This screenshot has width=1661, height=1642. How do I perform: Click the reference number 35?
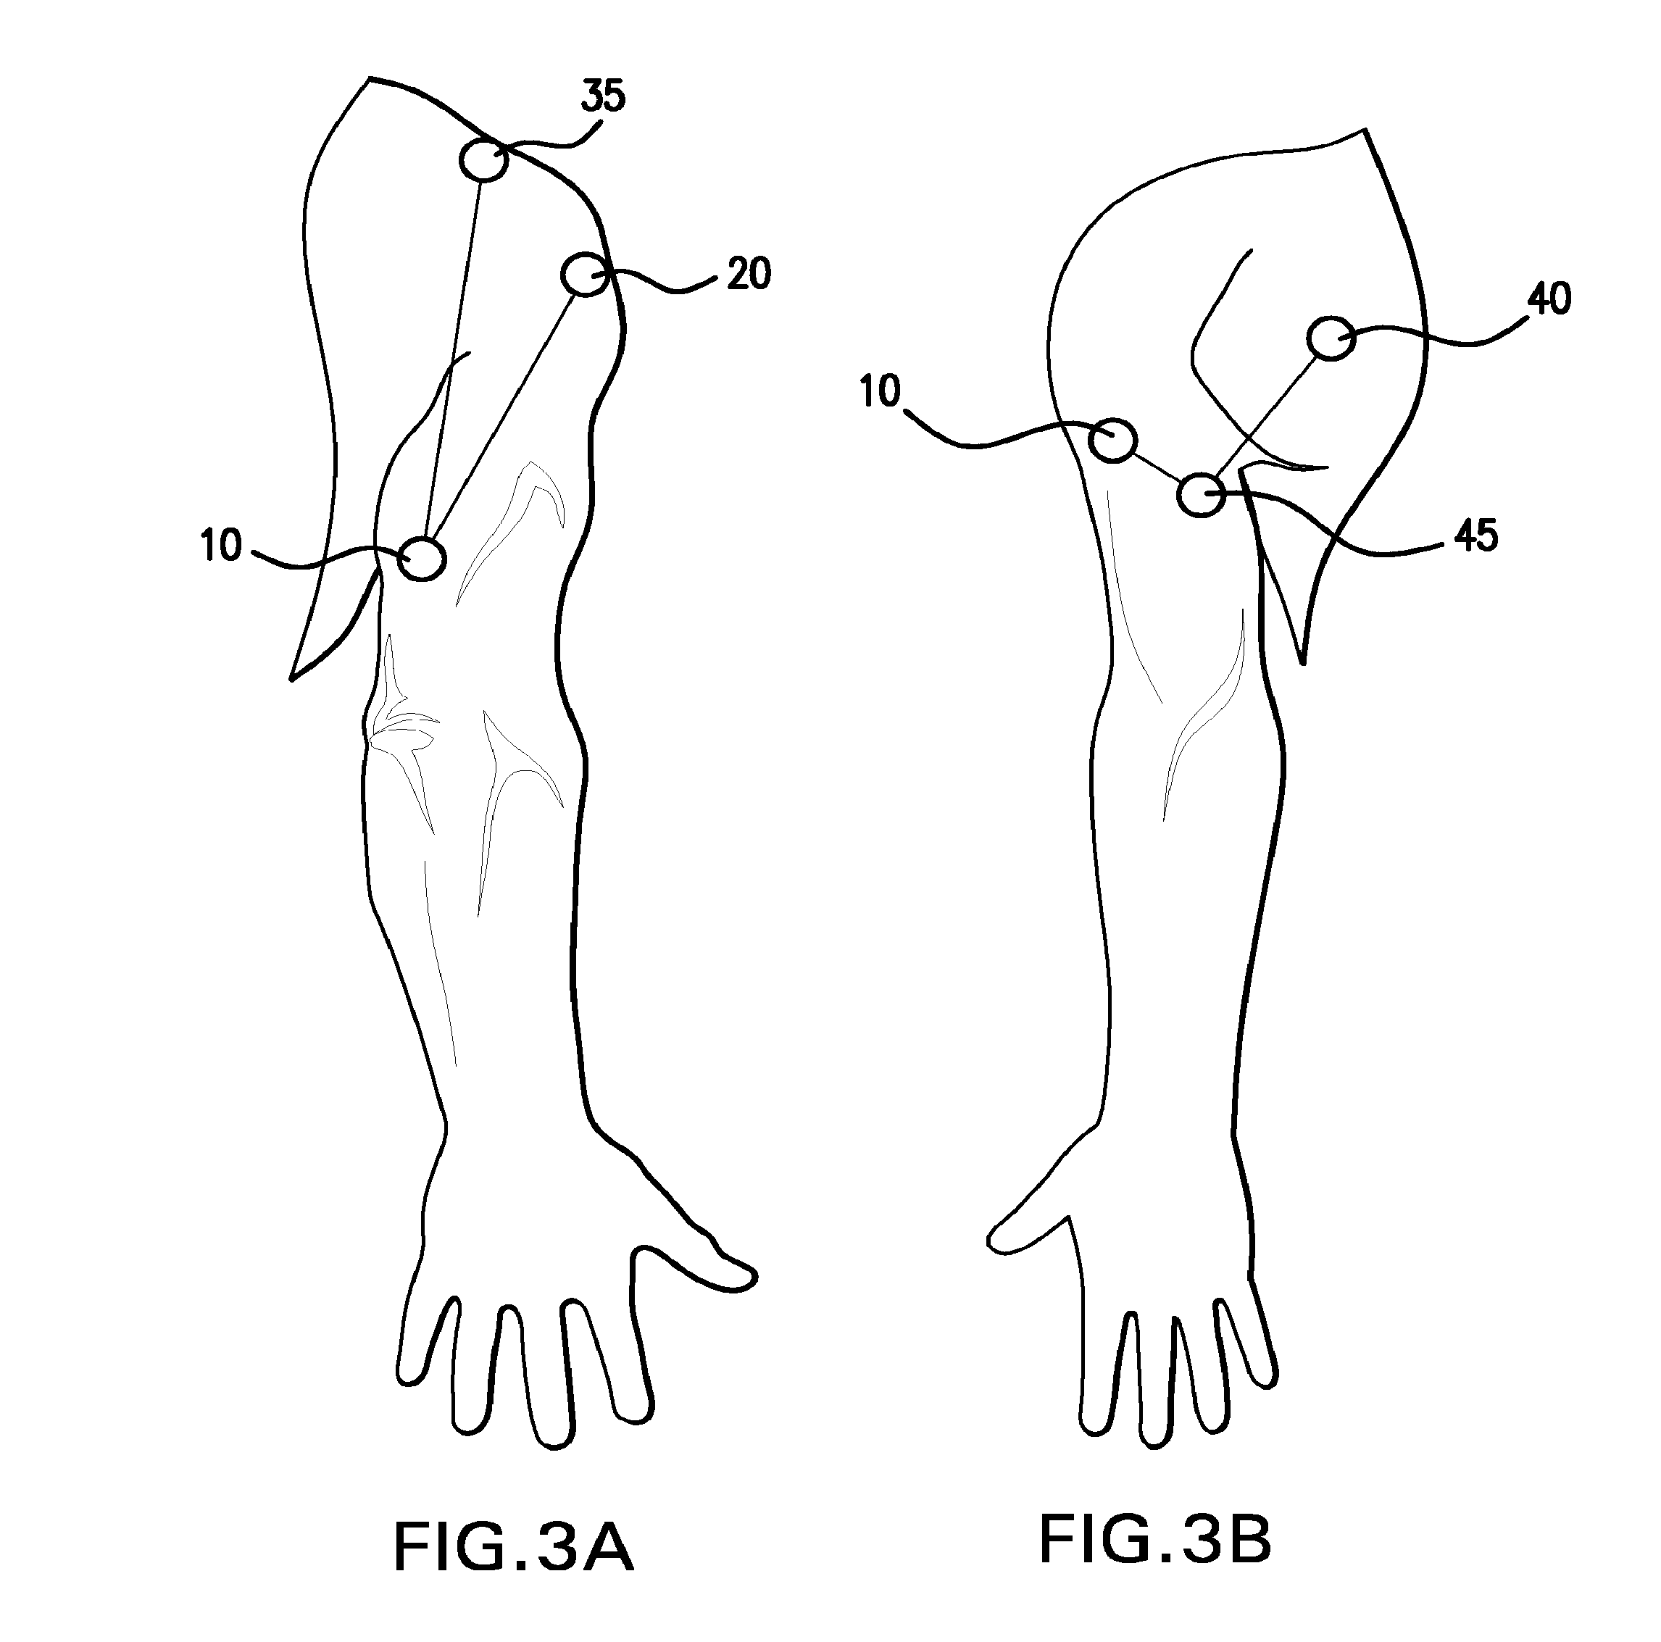[603, 97]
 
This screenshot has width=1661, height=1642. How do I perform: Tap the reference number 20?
[748, 274]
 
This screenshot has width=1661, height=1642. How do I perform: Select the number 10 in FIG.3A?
[222, 546]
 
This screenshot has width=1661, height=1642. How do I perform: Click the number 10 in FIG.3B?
[880, 392]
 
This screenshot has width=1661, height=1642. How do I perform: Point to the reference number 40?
[1549, 299]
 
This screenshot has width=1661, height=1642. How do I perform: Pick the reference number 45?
[1476, 535]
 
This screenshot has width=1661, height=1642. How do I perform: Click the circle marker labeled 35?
[484, 160]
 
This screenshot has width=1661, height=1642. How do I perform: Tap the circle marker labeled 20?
[585, 275]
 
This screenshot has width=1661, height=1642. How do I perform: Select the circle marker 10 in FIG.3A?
[421, 559]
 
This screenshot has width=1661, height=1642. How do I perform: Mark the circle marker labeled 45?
[1200, 494]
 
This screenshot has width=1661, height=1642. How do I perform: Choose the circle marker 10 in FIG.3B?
[1112, 440]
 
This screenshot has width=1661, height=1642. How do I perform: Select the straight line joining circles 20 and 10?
[503, 417]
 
